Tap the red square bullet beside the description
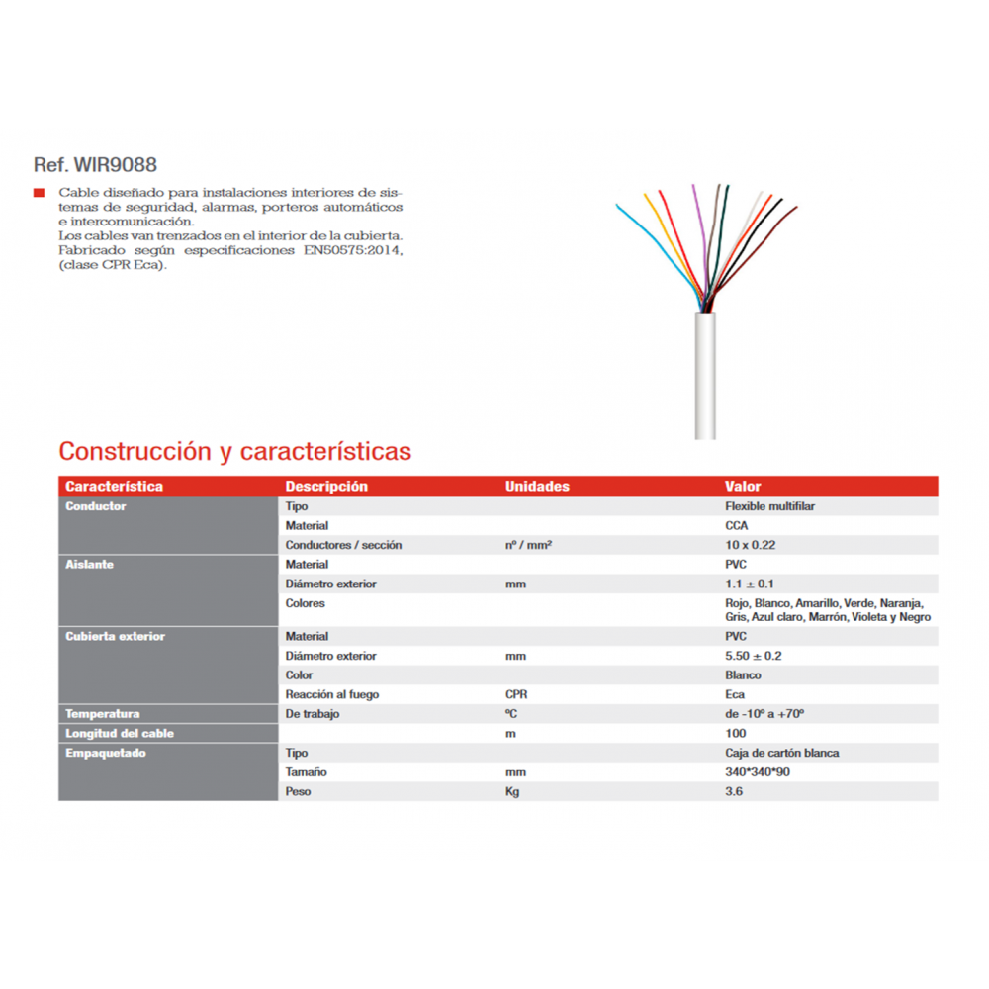39,192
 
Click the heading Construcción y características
234,452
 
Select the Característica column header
114,487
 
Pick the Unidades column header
537,487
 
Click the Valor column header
743,487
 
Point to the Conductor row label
95,506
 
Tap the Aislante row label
89,565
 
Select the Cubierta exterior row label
115,637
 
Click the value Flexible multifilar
769,506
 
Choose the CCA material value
737,526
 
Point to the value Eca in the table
735,694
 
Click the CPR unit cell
516,694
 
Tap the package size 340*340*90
758,772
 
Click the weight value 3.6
733,791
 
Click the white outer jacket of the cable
704,376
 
